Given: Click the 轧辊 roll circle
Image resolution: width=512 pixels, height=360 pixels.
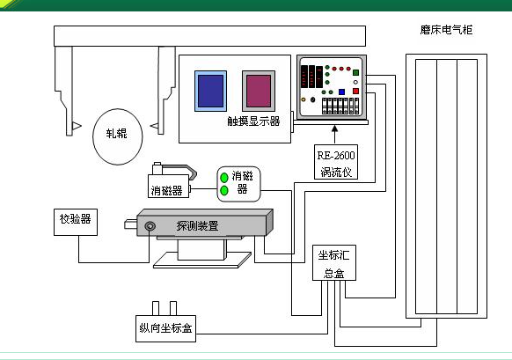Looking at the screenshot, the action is pos(118,136).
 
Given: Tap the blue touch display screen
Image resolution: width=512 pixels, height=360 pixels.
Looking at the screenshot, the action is pos(210,92).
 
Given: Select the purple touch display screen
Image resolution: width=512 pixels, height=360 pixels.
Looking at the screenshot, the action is pos(259,92).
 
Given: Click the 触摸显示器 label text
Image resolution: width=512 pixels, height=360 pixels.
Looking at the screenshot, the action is pos(253,121).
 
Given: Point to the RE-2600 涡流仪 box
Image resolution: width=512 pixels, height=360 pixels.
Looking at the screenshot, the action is pos(336,162).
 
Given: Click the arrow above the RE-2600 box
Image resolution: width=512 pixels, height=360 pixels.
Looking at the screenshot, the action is pos(334,135).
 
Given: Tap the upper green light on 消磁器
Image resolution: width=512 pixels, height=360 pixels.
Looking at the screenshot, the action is pos(224,178).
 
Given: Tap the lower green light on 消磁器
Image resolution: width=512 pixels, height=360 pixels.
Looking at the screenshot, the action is pos(224,190).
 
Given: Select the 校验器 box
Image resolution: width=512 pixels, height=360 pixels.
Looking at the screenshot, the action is pos(76,222).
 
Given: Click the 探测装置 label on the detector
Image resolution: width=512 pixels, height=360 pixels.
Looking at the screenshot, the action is pos(197,225).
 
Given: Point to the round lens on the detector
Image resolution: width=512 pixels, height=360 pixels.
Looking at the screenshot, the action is pos(150,226).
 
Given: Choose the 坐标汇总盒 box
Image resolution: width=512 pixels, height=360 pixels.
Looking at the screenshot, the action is pos(334,262).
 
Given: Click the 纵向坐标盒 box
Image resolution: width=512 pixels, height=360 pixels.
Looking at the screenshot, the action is pos(165,328).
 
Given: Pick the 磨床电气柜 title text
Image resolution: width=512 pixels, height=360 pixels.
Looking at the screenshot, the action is pos(446,30).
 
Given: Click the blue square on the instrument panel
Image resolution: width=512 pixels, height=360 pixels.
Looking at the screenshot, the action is pos(341,92).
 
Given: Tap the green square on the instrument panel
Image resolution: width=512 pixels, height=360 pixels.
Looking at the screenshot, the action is pos(356,72).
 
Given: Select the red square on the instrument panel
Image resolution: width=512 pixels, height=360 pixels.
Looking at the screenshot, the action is pos(356,92).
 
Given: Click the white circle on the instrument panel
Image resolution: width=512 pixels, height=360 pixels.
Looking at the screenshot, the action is pos(355,82).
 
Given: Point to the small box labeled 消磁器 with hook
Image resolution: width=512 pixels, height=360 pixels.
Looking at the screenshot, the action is pos(169,186).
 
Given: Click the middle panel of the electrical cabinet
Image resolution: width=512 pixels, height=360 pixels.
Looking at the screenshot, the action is pos(447,187).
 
